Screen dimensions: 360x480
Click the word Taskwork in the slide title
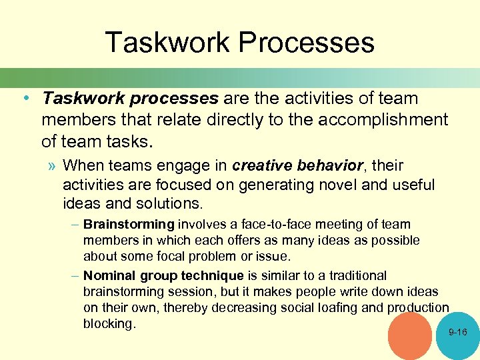(x=167, y=43)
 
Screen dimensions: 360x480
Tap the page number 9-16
(x=458, y=332)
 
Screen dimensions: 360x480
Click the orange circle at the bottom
(x=409, y=337)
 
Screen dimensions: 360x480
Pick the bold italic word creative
(x=259, y=165)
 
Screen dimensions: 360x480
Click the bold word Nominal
(x=108, y=275)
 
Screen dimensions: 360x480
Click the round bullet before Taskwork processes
(x=24, y=99)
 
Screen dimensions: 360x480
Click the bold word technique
(x=215, y=275)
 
